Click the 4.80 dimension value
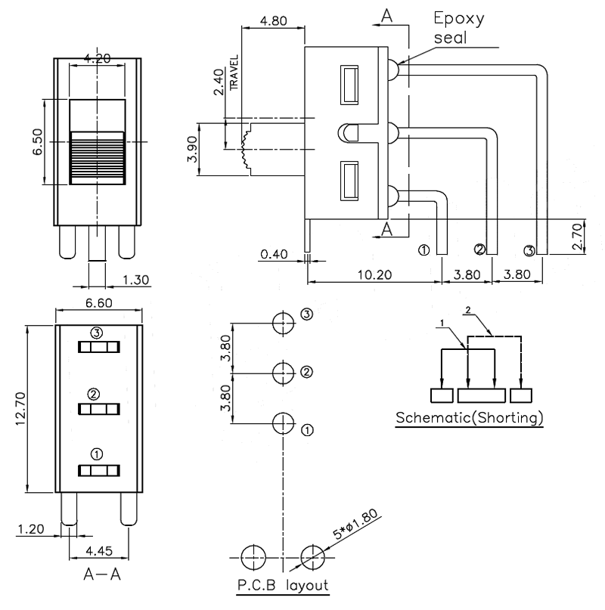(272, 21)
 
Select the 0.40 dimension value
(274, 255)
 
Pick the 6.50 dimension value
(36, 141)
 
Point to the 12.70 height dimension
(22, 409)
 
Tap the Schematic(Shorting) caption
(469, 419)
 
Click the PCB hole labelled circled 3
(283, 324)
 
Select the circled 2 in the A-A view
(94, 394)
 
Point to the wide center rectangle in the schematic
(481, 395)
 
